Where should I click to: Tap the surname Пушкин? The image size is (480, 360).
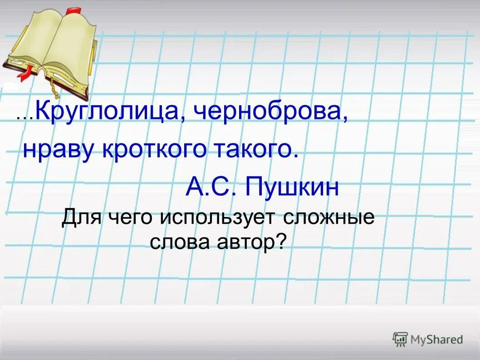(x=292, y=187)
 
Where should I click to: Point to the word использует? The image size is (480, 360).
(x=217, y=217)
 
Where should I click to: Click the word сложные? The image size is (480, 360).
(x=329, y=217)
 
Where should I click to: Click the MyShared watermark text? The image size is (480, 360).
(x=436, y=339)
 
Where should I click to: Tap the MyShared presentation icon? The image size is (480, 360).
(x=400, y=339)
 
